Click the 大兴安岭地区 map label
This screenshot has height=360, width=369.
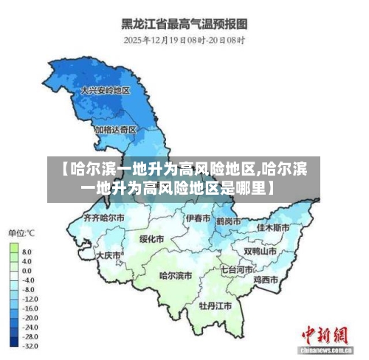(x=105, y=90)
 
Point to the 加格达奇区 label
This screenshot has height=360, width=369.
(x=115, y=129)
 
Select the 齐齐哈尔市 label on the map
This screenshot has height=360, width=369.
(x=103, y=218)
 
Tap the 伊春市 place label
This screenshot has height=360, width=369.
(x=198, y=218)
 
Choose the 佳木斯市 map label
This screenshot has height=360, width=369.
(x=273, y=228)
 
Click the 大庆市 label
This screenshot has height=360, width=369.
(x=108, y=255)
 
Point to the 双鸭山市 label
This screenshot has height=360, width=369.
(x=260, y=251)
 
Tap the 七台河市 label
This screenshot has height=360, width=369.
(x=238, y=270)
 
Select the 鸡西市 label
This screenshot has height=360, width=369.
(x=265, y=280)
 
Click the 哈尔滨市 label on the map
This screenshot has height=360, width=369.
(x=176, y=275)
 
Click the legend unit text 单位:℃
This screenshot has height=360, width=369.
(x=22, y=233)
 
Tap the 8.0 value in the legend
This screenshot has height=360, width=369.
(x=27, y=252)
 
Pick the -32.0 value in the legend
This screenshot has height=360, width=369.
(x=30, y=345)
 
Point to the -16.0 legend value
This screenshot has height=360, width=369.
(x=30, y=308)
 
